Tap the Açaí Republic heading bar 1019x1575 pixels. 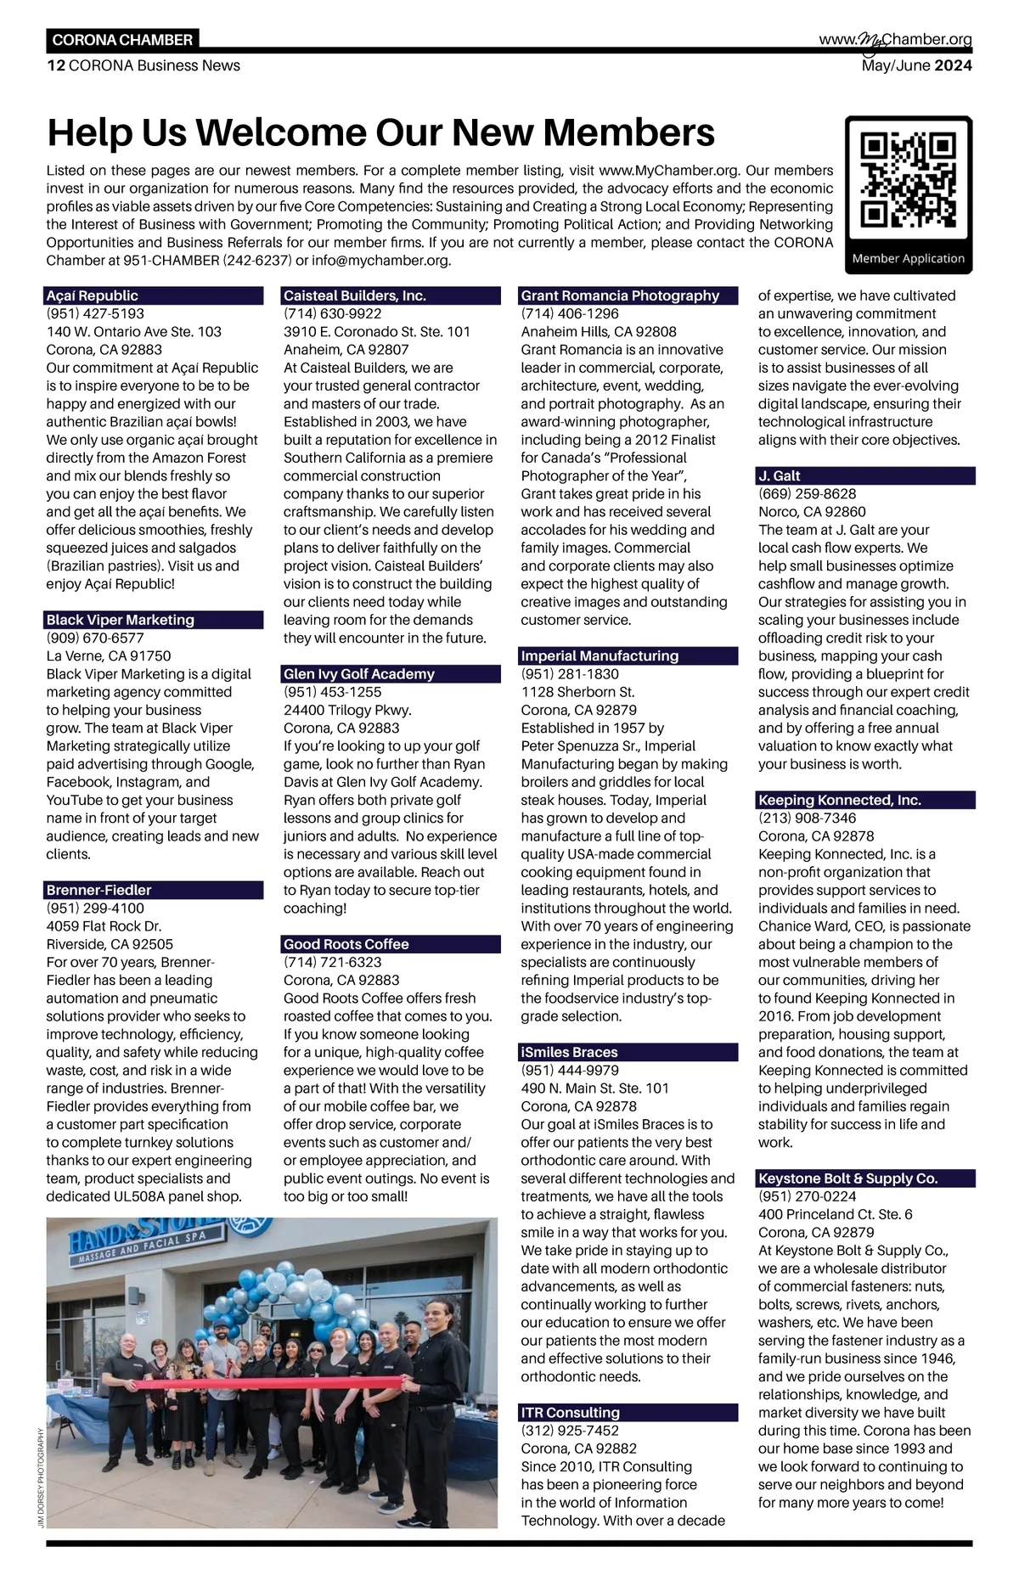154,295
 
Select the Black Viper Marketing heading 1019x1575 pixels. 154,620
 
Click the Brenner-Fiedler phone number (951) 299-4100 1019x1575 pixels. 95,908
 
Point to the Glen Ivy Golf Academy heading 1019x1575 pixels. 391,674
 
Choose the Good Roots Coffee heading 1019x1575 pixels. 391,944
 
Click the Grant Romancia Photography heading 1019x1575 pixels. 628,295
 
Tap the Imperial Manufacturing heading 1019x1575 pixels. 628,655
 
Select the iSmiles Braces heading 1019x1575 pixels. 628,1052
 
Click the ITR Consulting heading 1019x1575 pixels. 628,1412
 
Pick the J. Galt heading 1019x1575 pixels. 866,475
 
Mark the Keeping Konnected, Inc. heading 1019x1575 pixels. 866,800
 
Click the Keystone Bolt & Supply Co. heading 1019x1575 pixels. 866,1178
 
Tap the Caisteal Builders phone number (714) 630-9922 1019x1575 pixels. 332,314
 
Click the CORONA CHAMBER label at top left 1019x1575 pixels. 122,40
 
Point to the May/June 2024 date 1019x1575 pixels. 916,66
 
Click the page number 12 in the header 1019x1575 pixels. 55,66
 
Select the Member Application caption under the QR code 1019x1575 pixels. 908,259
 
